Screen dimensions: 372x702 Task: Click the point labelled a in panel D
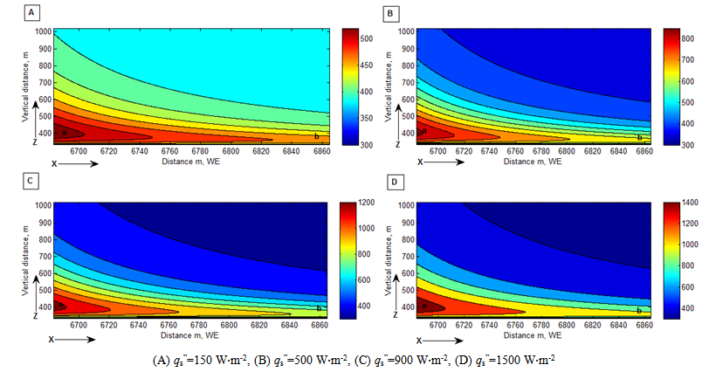pos(423,305)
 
